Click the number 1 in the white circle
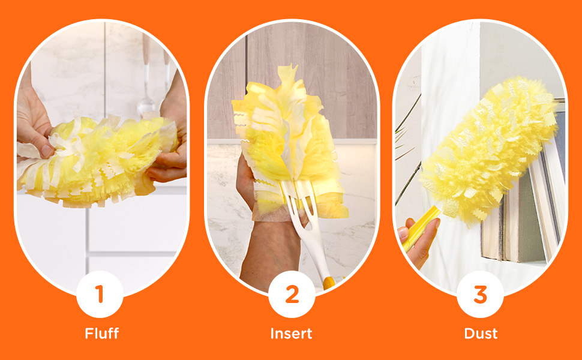(x=100, y=295)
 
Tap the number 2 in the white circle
(x=292, y=295)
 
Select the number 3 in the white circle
(x=480, y=295)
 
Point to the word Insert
(x=292, y=334)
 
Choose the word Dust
(x=481, y=334)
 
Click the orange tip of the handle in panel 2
(x=328, y=282)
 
